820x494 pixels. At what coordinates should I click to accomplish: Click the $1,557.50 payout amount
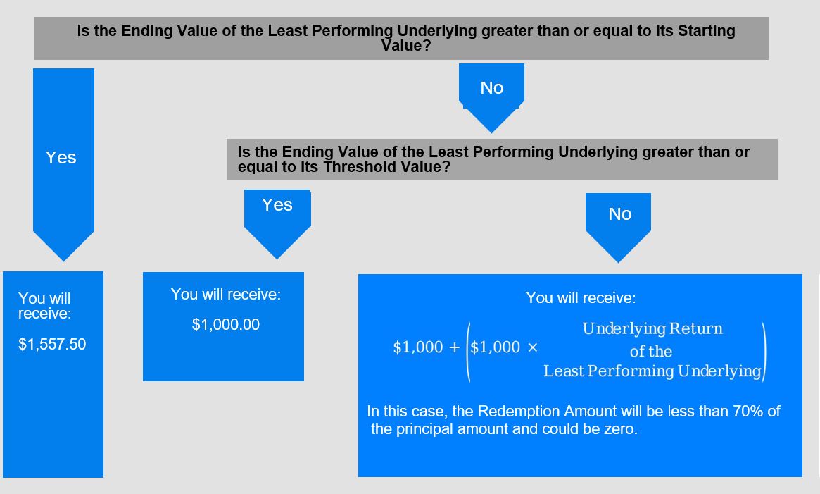point(52,344)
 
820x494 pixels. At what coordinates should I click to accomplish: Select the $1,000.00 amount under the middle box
point(226,325)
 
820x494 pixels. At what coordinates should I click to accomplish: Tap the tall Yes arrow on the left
point(64,164)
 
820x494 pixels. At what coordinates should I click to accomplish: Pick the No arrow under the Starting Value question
point(491,98)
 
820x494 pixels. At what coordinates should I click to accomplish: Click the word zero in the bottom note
point(622,429)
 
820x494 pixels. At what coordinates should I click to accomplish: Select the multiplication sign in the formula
point(532,347)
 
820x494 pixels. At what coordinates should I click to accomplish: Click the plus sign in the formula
point(455,347)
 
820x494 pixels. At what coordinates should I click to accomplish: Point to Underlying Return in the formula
point(652,328)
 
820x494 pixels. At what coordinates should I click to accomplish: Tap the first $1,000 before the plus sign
point(418,347)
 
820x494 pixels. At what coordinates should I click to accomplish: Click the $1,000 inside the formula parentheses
point(496,347)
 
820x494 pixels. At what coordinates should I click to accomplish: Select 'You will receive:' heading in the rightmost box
point(581,298)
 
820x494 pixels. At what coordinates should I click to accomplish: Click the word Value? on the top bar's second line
point(406,46)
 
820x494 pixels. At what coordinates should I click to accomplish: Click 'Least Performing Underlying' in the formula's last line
point(652,371)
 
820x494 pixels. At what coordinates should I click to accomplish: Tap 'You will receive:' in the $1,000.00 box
point(226,295)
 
